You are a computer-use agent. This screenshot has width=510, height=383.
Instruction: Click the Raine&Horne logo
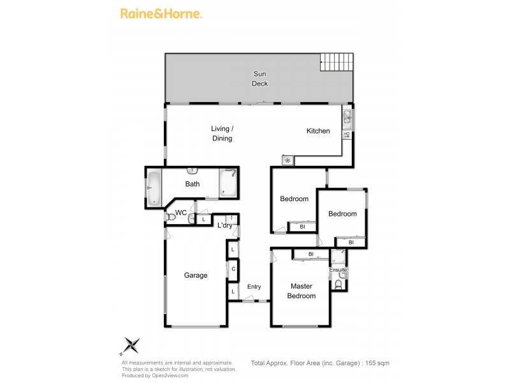click(161, 13)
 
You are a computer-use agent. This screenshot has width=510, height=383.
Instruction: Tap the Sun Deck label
click(259, 79)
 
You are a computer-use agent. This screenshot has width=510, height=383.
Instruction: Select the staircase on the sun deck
click(336, 62)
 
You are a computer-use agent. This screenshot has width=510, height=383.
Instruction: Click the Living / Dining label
click(222, 133)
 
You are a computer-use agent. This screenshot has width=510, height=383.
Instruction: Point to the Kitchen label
click(318, 131)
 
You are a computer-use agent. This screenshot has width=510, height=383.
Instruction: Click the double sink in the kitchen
click(347, 117)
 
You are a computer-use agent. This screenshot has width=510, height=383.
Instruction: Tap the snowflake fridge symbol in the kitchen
click(288, 160)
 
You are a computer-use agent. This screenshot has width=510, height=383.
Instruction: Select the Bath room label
click(193, 184)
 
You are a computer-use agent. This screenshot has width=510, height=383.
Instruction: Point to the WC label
click(181, 213)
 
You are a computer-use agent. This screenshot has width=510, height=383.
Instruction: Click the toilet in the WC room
click(170, 218)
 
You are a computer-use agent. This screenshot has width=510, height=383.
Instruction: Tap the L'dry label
click(224, 225)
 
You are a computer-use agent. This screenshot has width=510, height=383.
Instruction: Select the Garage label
click(196, 275)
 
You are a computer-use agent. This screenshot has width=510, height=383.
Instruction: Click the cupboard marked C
click(234, 269)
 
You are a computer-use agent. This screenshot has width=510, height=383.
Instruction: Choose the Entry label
click(254, 287)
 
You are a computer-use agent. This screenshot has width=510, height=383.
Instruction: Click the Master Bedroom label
click(301, 291)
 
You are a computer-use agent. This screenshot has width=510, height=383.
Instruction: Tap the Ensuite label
click(338, 270)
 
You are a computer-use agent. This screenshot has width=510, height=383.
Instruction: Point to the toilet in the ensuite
click(339, 285)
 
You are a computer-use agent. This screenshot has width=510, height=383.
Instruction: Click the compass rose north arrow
click(131, 345)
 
